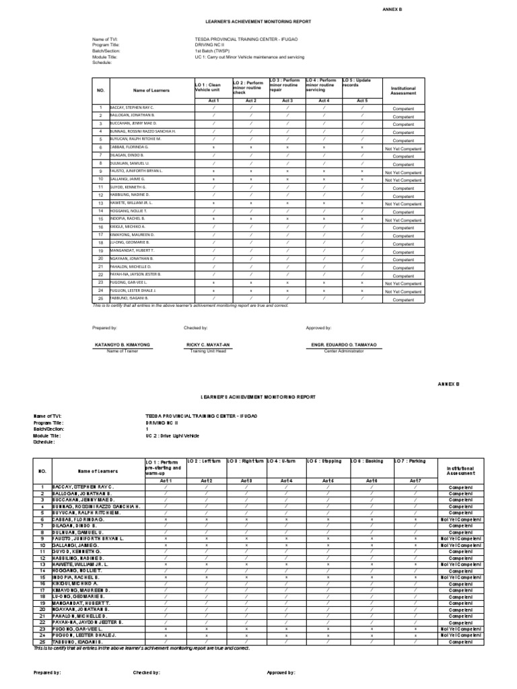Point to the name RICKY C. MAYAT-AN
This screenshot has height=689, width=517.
[x=209, y=344]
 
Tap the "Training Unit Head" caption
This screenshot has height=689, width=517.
[x=209, y=351]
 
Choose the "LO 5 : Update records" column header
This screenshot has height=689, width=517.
[x=357, y=83]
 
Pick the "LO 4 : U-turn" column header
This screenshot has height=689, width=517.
[x=283, y=461]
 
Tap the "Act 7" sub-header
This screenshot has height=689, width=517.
[x=415, y=480]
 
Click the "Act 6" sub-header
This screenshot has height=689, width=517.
[x=371, y=480]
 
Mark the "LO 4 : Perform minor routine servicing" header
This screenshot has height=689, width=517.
[x=320, y=85]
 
